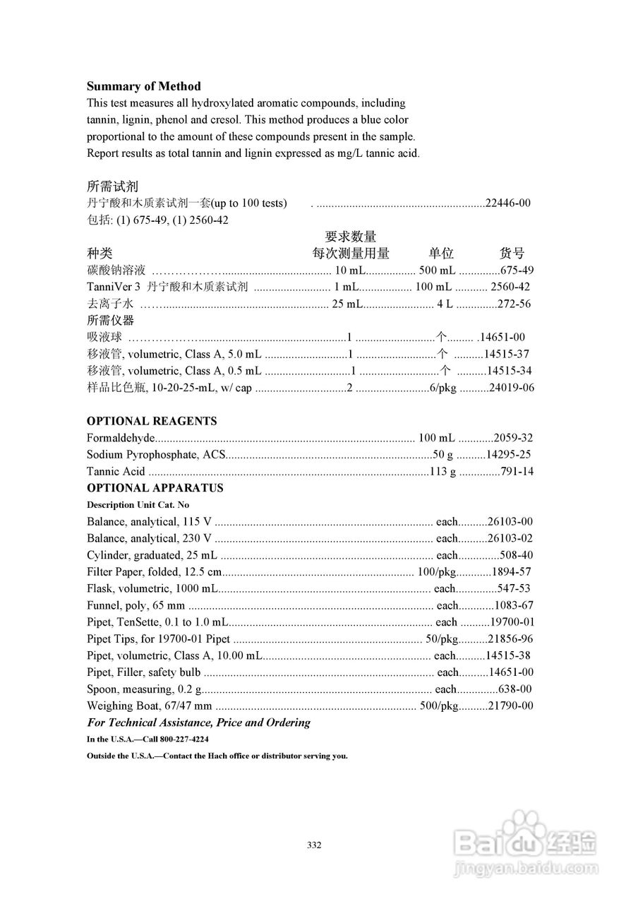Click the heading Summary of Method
[x=143, y=86]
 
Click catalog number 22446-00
[x=508, y=203]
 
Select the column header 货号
[x=512, y=254]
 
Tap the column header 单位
[x=441, y=254]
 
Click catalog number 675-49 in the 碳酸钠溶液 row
[x=517, y=270]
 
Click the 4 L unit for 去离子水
[x=445, y=304]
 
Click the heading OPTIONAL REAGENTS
[x=152, y=421]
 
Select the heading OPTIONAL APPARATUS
[x=155, y=488]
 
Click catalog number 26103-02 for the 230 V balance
[x=508, y=539]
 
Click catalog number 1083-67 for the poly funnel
[x=513, y=605]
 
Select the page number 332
[x=315, y=845]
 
